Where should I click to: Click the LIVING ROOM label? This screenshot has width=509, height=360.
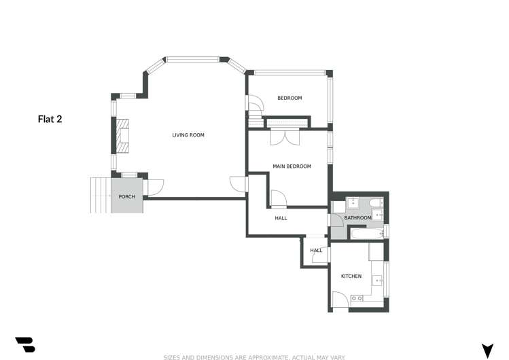[x=188, y=135]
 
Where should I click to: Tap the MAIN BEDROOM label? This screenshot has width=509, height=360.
[x=292, y=166]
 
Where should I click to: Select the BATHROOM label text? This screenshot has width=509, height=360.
[x=357, y=218]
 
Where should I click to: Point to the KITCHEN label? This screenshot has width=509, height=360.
[x=351, y=276]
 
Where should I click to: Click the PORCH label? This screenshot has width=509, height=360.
[x=126, y=197]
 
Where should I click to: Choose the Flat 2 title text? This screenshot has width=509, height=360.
[x=50, y=119]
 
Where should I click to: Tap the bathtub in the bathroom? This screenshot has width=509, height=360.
[x=366, y=234]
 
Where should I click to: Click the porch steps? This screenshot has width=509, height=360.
[x=101, y=195]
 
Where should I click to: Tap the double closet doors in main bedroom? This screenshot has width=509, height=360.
[x=285, y=137]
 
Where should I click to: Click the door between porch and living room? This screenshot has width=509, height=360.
[x=153, y=185]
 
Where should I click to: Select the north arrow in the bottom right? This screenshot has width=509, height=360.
[x=487, y=350]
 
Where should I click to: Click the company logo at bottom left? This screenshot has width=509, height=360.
[x=25, y=344]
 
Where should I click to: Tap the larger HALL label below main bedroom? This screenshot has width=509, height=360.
[x=281, y=218]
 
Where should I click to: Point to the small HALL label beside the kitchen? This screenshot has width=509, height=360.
[x=316, y=251]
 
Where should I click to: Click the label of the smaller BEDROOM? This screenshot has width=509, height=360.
[x=289, y=98]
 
